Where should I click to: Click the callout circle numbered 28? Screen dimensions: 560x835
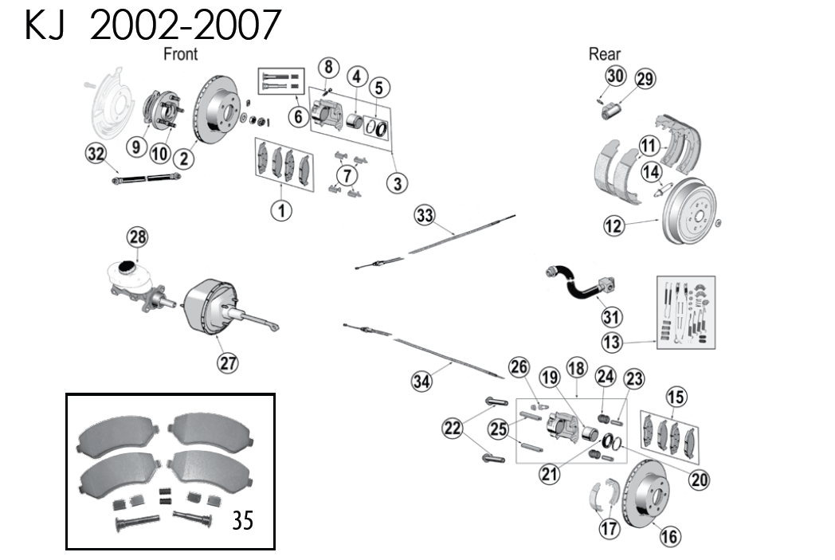pyautogui.click(x=138, y=237)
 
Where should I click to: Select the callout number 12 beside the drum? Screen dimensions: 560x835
pyautogui.click(x=614, y=226)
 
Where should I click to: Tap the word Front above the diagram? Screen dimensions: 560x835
pyautogui.click(x=180, y=54)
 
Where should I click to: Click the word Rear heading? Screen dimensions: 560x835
pyautogui.click(x=604, y=54)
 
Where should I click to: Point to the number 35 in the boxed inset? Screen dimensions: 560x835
pyautogui.click(x=242, y=521)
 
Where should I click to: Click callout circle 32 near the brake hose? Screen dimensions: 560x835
pyautogui.click(x=96, y=155)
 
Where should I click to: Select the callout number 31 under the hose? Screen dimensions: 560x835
pyautogui.click(x=611, y=316)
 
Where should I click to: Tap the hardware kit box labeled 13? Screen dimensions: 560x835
pyautogui.click(x=685, y=312)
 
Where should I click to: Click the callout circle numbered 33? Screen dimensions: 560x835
pyautogui.click(x=425, y=214)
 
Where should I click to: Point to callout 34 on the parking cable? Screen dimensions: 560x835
pyautogui.click(x=421, y=382)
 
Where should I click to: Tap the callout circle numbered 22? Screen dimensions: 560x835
pyautogui.click(x=452, y=429)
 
